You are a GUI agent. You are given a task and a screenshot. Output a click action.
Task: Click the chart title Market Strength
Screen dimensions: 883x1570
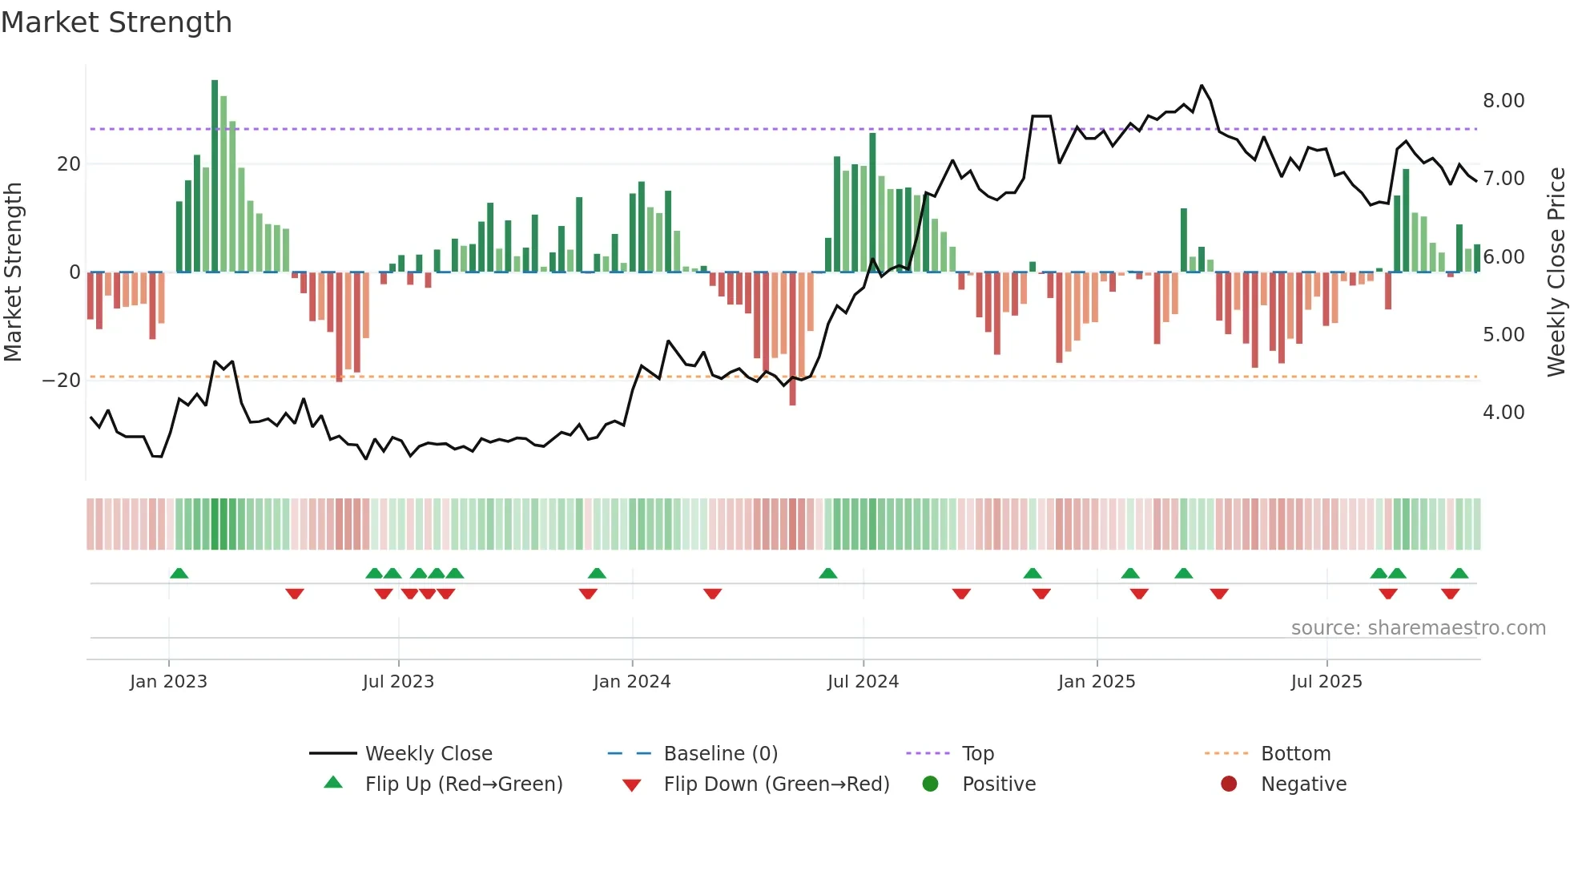tap(116, 22)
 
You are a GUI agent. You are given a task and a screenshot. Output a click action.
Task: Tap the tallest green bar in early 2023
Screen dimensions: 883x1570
tap(215, 176)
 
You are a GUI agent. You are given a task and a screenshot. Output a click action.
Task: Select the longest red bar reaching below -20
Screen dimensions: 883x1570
tap(792, 339)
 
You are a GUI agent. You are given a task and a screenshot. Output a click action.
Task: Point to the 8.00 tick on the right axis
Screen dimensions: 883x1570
tap(1503, 101)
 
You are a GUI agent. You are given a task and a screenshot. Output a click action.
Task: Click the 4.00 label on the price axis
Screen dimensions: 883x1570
tap(1503, 413)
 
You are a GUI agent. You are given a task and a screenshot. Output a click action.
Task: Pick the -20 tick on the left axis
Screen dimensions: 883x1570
tap(62, 381)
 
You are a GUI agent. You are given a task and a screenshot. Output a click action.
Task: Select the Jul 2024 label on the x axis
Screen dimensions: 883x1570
tap(863, 682)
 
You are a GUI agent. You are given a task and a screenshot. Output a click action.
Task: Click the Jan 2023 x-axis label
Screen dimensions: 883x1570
tap(168, 682)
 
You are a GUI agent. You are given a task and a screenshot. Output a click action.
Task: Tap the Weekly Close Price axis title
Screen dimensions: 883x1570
tap(1556, 272)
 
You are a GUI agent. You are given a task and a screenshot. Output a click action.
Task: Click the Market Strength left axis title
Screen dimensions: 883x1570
tap(13, 272)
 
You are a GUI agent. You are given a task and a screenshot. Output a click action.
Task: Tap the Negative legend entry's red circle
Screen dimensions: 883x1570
tap(1229, 784)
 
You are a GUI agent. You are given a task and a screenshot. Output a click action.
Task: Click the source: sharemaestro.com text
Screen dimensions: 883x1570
tap(1418, 628)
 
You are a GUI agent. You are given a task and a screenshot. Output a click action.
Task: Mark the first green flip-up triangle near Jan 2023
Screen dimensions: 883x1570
tap(179, 574)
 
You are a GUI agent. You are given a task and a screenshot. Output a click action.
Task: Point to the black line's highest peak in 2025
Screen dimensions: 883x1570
tap(1202, 86)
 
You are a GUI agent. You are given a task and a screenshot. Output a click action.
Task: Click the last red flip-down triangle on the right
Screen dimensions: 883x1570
tap(1450, 594)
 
